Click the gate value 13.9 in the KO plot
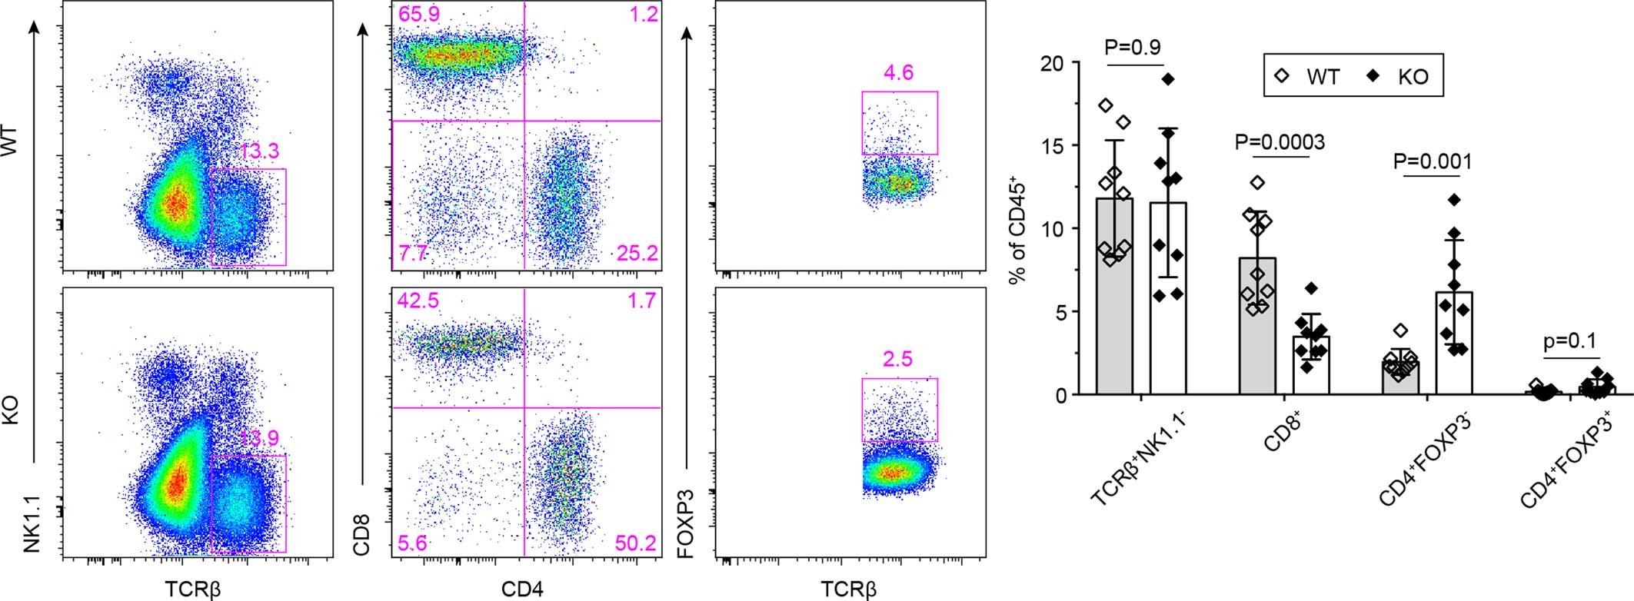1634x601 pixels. click(x=258, y=439)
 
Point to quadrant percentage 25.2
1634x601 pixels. click(x=636, y=253)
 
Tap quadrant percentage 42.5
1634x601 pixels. click(x=418, y=300)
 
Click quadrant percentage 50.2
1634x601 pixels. click(x=636, y=544)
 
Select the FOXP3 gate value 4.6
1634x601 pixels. click(x=898, y=74)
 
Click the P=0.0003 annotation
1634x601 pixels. click(x=1280, y=142)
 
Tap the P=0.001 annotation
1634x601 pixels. click(x=1433, y=161)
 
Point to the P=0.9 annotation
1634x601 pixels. click(x=1133, y=47)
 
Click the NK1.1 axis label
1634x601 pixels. click(x=32, y=524)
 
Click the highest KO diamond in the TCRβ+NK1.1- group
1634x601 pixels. click(x=1168, y=79)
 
